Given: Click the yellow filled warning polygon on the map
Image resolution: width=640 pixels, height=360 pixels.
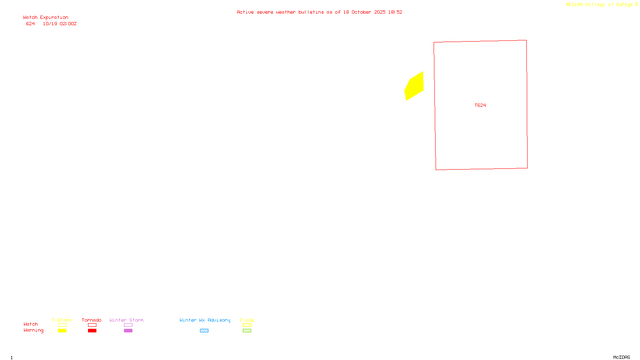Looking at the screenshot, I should click(x=414, y=86).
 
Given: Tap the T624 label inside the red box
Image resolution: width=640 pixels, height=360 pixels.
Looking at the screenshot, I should click(x=480, y=105).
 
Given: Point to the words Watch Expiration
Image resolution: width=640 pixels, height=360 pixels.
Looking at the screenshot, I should click(x=46, y=18).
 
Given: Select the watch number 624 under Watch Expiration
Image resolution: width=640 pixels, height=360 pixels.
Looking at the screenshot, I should click(x=30, y=24).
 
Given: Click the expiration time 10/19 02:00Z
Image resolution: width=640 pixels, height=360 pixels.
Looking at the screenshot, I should click(x=60, y=24).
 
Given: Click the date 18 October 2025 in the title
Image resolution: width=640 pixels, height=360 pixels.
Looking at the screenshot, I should click(x=364, y=12).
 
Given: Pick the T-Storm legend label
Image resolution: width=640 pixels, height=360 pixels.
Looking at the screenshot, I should click(x=62, y=320).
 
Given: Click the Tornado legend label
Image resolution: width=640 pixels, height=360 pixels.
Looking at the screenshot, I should click(x=92, y=320).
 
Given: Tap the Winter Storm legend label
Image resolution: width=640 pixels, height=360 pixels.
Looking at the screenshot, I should click(x=126, y=320).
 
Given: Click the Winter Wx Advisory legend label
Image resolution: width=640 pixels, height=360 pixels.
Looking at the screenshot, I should click(x=205, y=320).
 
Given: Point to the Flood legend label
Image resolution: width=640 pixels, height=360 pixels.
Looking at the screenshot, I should click(x=247, y=320).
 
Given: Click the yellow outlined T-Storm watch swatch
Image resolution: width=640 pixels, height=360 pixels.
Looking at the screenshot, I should click(x=62, y=325).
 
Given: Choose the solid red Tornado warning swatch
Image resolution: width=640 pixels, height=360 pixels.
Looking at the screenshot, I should click(x=92, y=331).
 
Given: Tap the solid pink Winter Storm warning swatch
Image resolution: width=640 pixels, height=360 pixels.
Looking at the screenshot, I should click(x=128, y=331).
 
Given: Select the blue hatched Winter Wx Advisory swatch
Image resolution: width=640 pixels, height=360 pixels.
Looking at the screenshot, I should click(x=204, y=331).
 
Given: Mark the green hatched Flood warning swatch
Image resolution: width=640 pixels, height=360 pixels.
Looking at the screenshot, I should click(x=247, y=331).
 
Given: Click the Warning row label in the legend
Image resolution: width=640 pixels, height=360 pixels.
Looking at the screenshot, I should click(x=33, y=330).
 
